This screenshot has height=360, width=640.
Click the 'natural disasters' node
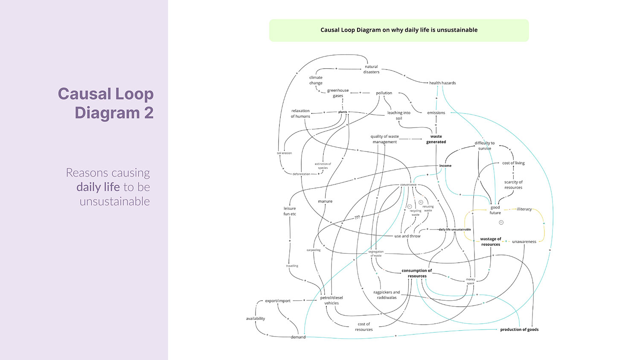371,69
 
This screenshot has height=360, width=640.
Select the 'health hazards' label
442,83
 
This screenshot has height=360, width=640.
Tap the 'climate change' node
316,80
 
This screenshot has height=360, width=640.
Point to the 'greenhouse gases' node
338,93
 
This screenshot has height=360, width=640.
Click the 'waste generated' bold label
436,139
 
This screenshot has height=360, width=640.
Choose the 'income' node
445,165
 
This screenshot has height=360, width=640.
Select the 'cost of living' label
513,163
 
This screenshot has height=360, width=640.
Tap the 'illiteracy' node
524,209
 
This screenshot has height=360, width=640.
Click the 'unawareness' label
524,241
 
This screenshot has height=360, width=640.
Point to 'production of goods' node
519,329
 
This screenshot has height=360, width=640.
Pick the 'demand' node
298,337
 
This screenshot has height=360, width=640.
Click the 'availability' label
256,319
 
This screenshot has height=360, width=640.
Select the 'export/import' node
278,301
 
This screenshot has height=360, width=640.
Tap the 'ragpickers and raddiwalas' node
387,295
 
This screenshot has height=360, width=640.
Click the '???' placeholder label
357,217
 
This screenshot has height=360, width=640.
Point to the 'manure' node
325,201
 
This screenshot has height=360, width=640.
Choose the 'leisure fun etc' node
290,211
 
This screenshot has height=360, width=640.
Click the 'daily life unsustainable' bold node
455,229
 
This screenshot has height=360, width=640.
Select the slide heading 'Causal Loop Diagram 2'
105,103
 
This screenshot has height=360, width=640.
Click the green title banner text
399,30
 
